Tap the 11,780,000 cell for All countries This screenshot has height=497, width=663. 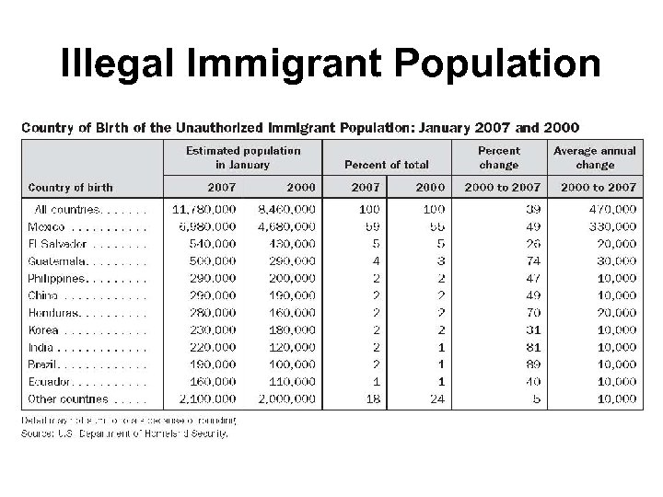(204, 209)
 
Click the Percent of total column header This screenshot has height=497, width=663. (386, 165)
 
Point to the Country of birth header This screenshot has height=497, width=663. (70, 187)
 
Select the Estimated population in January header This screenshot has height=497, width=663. (243, 157)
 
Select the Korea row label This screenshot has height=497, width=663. (42, 330)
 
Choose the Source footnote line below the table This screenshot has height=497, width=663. (124, 433)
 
